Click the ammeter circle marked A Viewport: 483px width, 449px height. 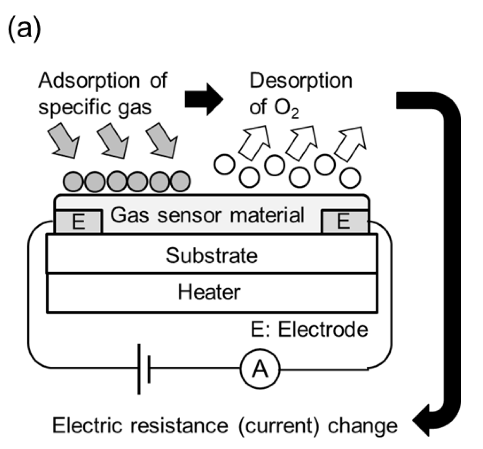tap(260, 369)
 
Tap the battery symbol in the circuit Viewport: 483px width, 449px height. tap(144, 369)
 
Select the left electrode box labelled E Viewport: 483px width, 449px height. tap(78, 222)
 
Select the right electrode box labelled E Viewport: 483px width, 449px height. tap(344, 222)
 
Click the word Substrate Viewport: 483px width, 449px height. tap(211, 255)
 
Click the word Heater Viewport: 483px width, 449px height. tap(209, 292)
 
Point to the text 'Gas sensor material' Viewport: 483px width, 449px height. tap(207, 215)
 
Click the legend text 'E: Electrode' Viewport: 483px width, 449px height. tap(309, 329)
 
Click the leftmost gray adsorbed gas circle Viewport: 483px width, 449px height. tap(73, 181)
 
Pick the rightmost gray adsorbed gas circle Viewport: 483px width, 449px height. tap(180, 181)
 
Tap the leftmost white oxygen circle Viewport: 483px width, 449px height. tap(224, 165)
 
